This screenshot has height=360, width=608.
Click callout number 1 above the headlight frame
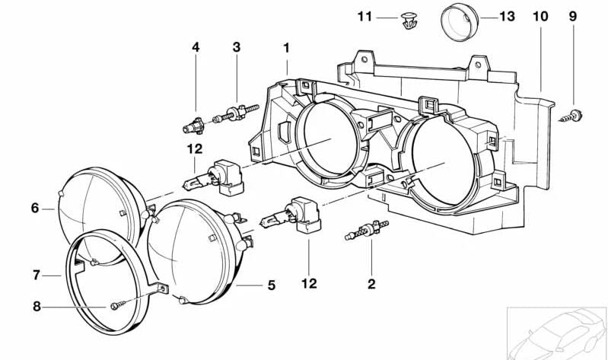[x=287, y=47]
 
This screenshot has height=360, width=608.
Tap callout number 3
[x=237, y=47]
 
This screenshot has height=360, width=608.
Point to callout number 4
[x=196, y=47]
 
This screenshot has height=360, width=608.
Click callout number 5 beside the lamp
[x=271, y=286]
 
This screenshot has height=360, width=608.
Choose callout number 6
[x=35, y=206]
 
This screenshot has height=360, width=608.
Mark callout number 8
[x=35, y=307]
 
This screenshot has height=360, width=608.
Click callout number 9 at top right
[x=573, y=15]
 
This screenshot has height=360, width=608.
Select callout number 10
[x=540, y=15]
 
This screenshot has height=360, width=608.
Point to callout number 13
[x=508, y=15]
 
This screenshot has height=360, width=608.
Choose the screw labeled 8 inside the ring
[x=116, y=307]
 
